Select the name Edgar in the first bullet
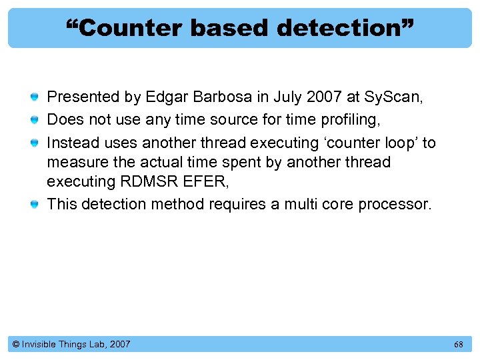click(x=164, y=97)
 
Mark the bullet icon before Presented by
click(x=33, y=98)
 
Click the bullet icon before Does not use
click(x=33, y=120)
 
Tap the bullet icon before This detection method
click(x=33, y=204)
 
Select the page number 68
click(x=458, y=345)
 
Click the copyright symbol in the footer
click(x=16, y=345)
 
